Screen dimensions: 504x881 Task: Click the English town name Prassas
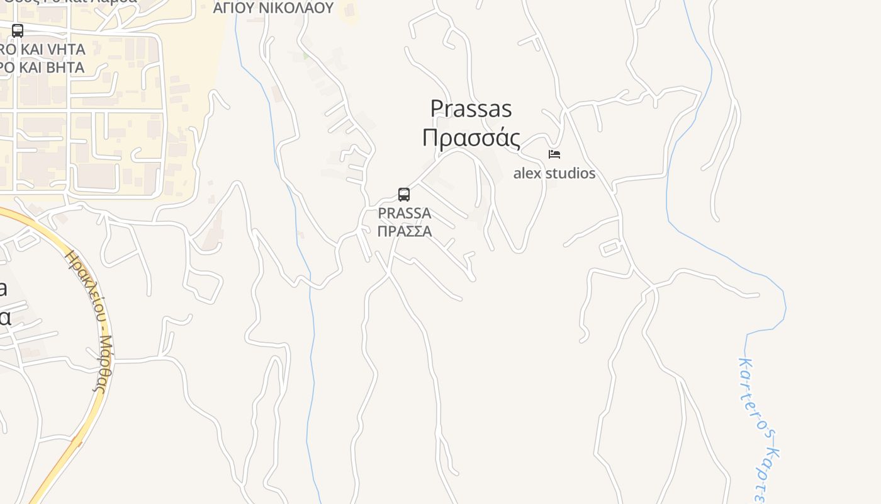[x=471, y=108]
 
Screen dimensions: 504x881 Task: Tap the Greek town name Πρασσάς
[x=471, y=137]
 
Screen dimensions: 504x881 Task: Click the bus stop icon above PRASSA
[x=404, y=195]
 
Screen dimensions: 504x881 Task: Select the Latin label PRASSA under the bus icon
[x=404, y=213]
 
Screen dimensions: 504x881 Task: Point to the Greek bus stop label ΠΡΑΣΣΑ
[x=404, y=231]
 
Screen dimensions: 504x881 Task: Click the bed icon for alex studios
[x=554, y=154]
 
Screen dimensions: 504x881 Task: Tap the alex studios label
[x=554, y=173]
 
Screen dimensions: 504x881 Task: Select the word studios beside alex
[x=570, y=173]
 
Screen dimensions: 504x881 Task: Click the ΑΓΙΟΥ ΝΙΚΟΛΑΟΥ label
[x=273, y=8]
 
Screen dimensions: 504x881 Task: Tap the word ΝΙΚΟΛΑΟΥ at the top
[x=295, y=8]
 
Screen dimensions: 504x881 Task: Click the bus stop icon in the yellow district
[x=18, y=30]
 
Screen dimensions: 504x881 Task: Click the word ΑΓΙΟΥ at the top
[x=232, y=8]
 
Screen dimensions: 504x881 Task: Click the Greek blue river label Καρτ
[x=770, y=472]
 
